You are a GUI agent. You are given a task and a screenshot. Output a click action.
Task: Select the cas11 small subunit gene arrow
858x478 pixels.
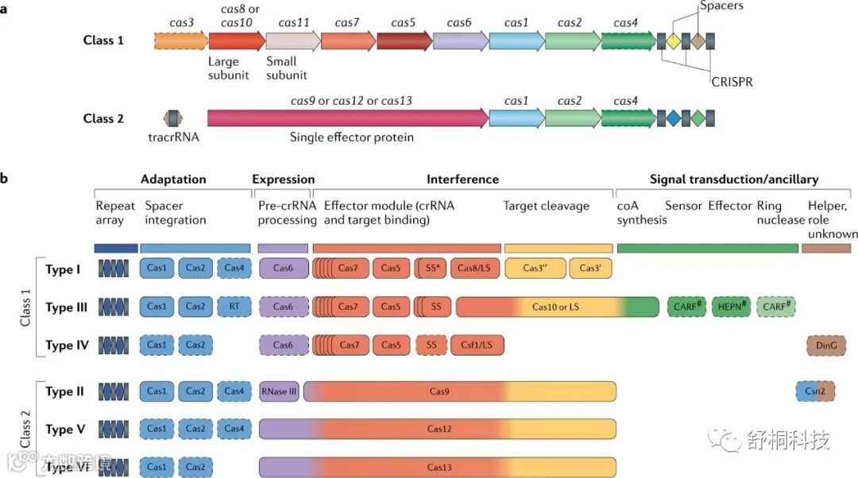pyautogui.click(x=292, y=40)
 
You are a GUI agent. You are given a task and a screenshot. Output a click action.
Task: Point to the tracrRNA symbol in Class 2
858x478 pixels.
pyautogui.click(x=171, y=118)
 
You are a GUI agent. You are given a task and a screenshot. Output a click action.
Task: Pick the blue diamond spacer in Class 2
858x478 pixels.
pyautogui.click(x=673, y=118)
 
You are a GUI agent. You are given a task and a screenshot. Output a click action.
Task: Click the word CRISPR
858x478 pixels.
pyautogui.click(x=731, y=81)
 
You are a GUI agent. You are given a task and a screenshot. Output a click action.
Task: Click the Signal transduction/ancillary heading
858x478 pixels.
pyautogui.click(x=734, y=179)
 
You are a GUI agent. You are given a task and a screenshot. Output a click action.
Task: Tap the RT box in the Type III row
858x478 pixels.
pyautogui.click(x=234, y=306)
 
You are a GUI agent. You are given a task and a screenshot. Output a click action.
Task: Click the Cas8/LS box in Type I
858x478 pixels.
pyautogui.click(x=475, y=269)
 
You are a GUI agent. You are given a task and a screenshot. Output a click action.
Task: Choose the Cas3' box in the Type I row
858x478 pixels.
pyautogui.click(x=590, y=269)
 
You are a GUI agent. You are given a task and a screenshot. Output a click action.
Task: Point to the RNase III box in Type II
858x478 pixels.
pyautogui.click(x=279, y=391)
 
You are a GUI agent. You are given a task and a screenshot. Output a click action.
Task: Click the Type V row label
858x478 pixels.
pyautogui.click(x=65, y=430)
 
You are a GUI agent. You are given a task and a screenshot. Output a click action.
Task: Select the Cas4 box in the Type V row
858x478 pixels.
pyautogui.click(x=234, y=430)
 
